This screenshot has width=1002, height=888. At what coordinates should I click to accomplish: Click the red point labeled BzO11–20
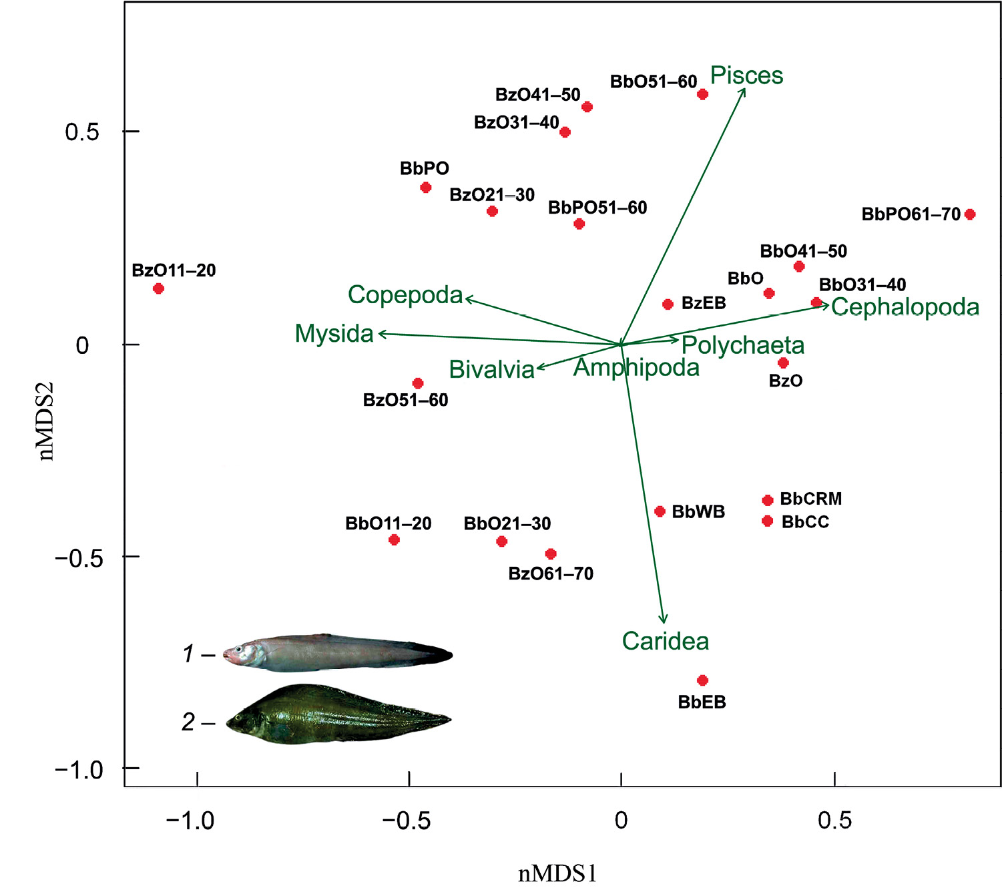pyautogui.click(x=158, y=288)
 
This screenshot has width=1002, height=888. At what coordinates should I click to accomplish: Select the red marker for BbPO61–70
pyautogui.click(x=970, y=214)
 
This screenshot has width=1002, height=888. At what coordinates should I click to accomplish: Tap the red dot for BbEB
pyautogui.click(x=702, y=680)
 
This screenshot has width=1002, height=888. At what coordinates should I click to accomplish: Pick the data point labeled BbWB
pyautogui.click(x=660, y=511)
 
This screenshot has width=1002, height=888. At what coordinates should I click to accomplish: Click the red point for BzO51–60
pyautogui.click(x=418, y=383)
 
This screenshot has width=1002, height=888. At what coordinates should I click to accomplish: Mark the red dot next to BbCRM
pyautogui.click(x=768, y=500)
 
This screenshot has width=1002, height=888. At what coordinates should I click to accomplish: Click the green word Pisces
pyautogui.click(x=746, y=75)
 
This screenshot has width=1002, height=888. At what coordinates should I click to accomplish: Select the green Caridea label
pyautogui.click(x=666, y=641)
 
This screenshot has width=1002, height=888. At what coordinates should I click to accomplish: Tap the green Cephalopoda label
pyautogui.click(x=905, y=307)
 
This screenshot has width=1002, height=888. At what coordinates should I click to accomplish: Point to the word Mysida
pyautogui.click(x=334, y=333)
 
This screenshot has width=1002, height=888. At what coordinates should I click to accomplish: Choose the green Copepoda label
pyautogui.click(x=405, y=294)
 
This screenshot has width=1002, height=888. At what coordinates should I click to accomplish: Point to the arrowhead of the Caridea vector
pyautogui.click(x=663, y=620)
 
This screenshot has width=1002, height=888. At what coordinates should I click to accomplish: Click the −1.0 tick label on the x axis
pyautogui.click(x=190, y=820)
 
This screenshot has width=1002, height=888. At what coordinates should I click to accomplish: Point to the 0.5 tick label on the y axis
pyautogui.click(x=81, y=132)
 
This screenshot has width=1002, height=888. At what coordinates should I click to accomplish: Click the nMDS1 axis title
pyautogui.click(x=557, y=873)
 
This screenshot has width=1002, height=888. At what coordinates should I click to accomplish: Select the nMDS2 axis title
pyautogui.click(x=45, y=422)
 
